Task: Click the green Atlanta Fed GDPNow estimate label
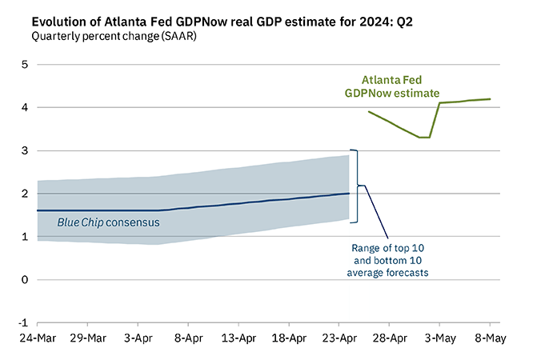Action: tap(391, 86)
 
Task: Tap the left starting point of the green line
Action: tap(368, 112)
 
